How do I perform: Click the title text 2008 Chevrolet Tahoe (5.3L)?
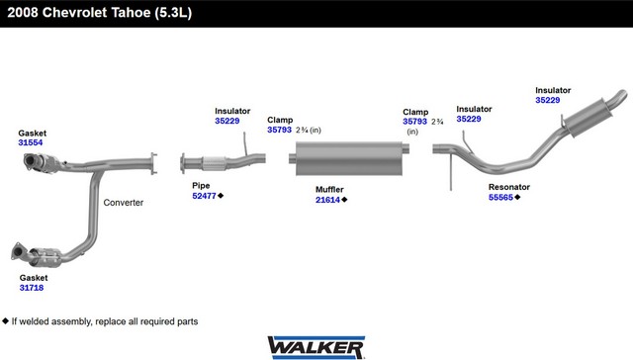(99, 13)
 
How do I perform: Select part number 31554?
(31, 142)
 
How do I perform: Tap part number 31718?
(32, 288)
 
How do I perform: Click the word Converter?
(123, 203)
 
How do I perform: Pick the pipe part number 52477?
(205, 196)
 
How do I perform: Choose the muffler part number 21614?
(327, 200)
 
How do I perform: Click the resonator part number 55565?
(500, 198)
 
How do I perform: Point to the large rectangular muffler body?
(349, 158)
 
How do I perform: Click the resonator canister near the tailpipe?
(588, 117)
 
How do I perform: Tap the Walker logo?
(316, 347)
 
